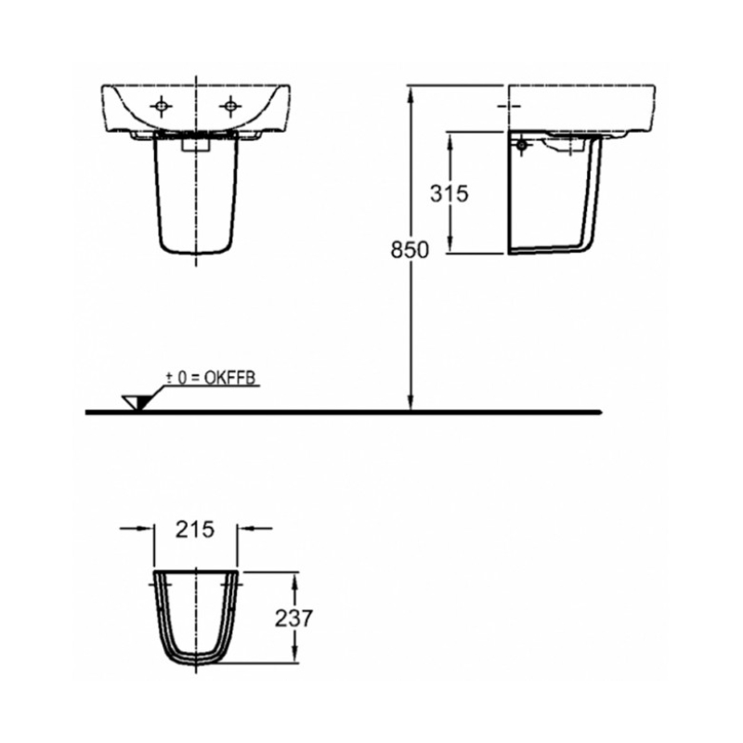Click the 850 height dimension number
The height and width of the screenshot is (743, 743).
(410, 250)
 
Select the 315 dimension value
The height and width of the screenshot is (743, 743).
(450, 193)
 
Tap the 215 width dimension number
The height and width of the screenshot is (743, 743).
(195, 529)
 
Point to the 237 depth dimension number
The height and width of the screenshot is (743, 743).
(293, 619)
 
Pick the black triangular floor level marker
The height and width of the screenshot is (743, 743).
(143, 402)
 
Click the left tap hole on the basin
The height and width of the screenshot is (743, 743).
(161, 106)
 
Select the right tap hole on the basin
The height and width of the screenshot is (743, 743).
(230, 106)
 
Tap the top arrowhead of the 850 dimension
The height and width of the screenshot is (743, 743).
(411, 96)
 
